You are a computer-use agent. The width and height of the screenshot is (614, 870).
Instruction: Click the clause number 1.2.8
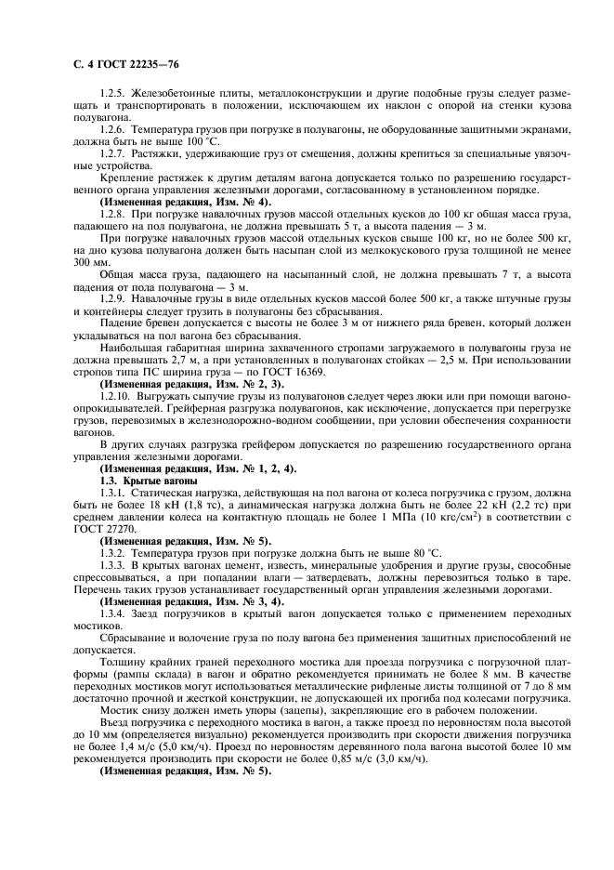115,213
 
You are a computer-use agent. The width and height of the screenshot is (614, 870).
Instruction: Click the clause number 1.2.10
118,394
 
